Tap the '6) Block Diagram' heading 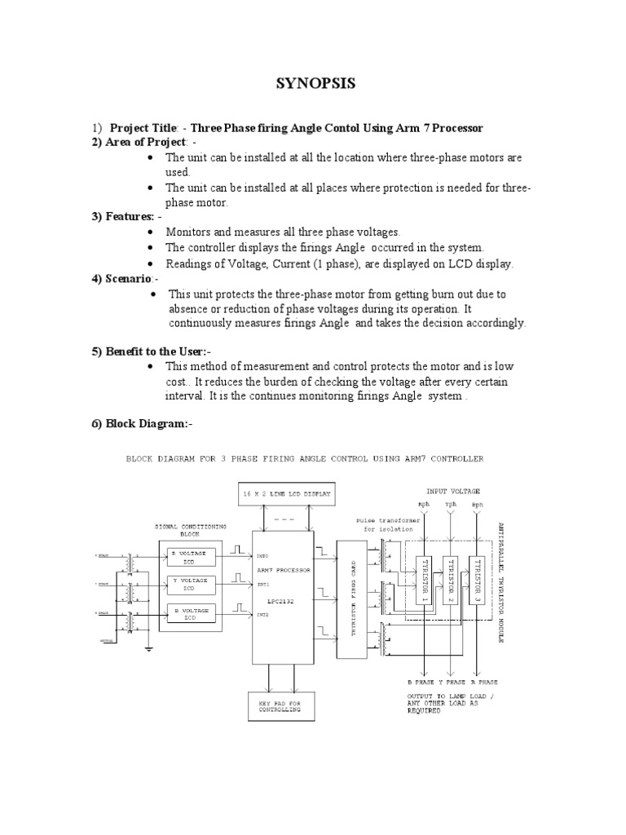click(x=140, y=424)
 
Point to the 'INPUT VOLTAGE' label click(x=453, y=492)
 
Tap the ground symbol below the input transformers click(x=148, y=649)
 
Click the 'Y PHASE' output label click(x=454, y=681)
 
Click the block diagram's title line click(x=304, y=458)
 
